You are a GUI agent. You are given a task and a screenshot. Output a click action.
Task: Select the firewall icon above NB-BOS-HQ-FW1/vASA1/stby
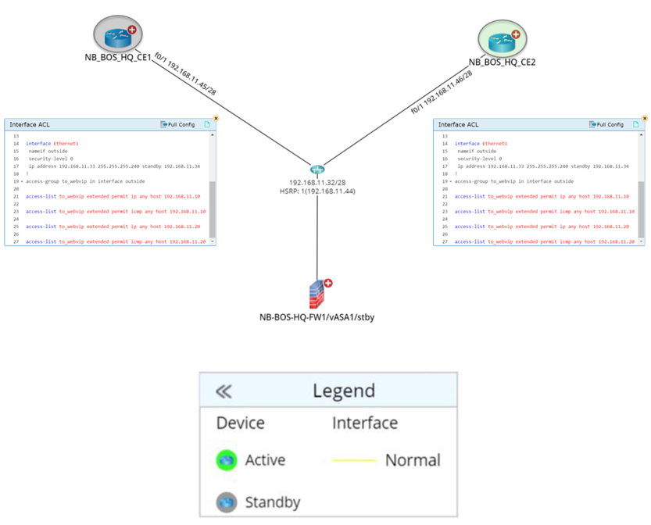point(317,295)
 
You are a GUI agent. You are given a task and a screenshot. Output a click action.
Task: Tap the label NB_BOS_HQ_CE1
point(118,57)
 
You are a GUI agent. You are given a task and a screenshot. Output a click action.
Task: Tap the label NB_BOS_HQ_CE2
point(502,62)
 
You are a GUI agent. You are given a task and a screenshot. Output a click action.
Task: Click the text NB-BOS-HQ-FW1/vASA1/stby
point(317,318)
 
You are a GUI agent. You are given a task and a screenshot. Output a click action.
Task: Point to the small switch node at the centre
point(317,170)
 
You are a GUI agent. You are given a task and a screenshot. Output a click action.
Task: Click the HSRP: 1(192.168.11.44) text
point(317,191)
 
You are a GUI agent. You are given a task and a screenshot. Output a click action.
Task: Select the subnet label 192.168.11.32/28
point(317,182)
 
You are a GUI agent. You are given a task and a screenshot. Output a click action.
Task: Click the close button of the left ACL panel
point(216,118)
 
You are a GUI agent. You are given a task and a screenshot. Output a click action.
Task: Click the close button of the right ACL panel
point(645,118)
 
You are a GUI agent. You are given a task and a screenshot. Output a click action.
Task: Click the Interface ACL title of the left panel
point(30,125)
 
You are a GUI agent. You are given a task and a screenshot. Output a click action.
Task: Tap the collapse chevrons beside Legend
point(224,391)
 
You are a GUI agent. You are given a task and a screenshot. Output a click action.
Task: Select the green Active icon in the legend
point(227,460)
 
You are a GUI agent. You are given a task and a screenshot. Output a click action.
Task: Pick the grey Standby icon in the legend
point(227,501)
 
